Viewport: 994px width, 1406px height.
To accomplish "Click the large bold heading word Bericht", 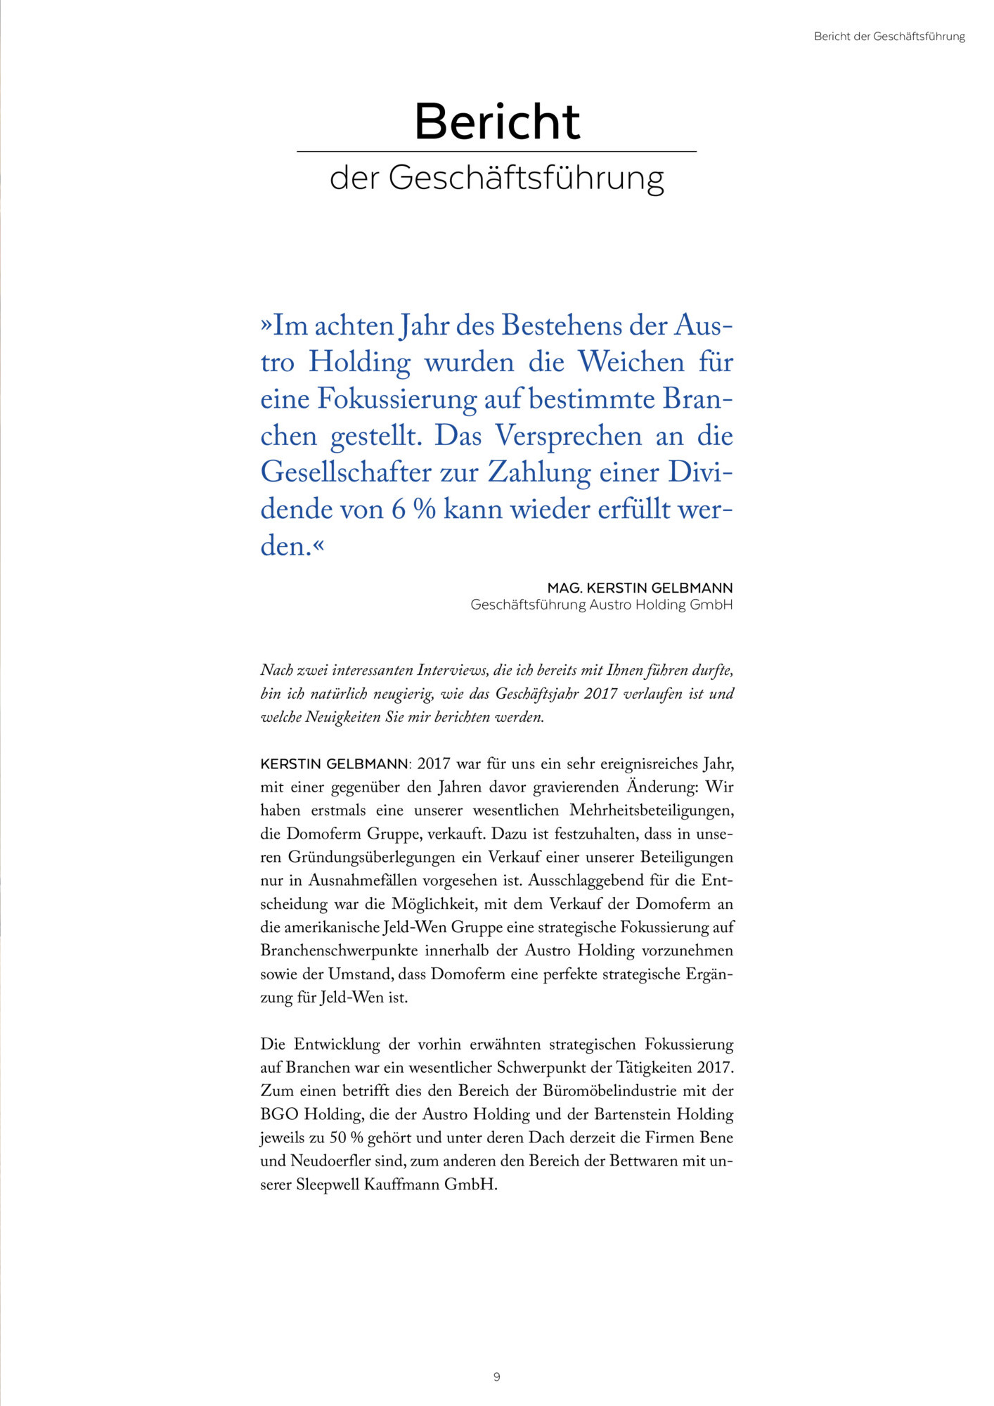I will coord(497,122).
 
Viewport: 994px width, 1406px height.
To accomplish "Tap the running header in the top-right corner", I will coord(889,37).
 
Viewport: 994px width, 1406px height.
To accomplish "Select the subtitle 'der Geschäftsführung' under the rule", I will coord(496,178).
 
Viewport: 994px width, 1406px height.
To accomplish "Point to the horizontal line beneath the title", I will coord(496,151).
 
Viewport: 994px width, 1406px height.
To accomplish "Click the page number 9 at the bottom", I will coord(497,1376).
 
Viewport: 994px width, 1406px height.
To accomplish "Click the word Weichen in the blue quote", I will coord(631,362).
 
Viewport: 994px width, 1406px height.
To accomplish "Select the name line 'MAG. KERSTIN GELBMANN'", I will coord(640,588).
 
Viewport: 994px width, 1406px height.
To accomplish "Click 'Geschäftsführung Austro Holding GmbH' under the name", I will coord(601,605).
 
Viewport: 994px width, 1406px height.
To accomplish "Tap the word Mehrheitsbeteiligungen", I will coord(651,811).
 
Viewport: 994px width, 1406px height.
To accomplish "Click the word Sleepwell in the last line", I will coord(328,1184).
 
